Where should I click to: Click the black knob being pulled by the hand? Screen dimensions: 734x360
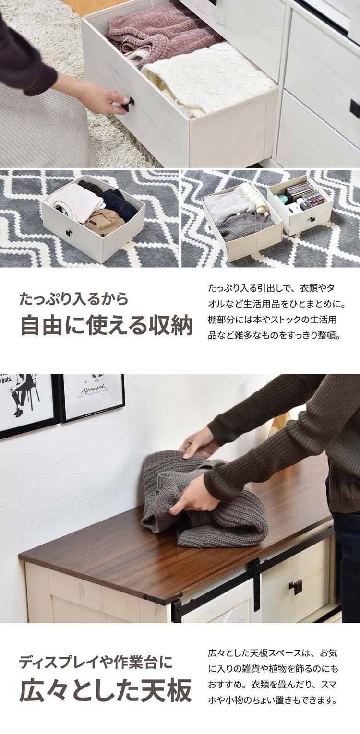(128, 104)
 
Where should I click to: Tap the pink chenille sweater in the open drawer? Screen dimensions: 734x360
(154, 36)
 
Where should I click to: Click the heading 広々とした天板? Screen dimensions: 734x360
(106, 690)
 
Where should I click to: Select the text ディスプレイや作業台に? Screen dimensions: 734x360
(96, 663)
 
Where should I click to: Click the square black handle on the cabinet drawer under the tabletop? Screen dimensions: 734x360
(296, 586)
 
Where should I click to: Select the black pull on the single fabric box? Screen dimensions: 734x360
(69, 234)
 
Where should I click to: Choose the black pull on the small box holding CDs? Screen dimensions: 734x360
(312, 219)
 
